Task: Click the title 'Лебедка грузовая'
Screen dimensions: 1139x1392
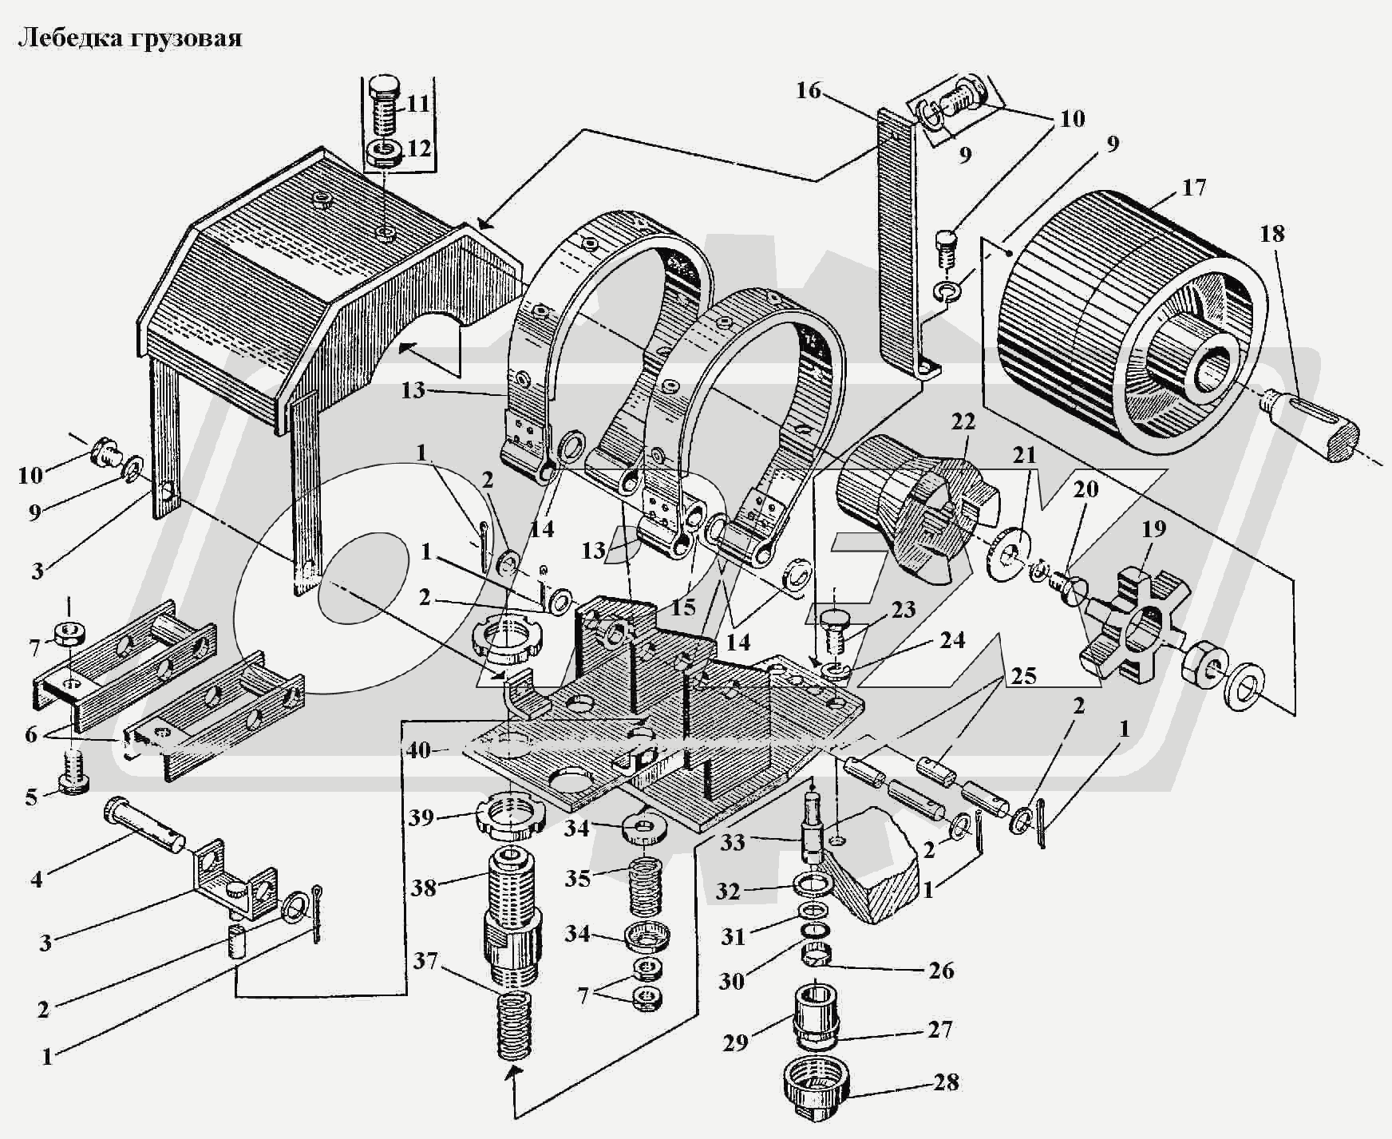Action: pyautogui.click(x=130, y=38)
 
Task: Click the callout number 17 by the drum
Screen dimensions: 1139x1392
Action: pyautogui.click(x=1194, y=188)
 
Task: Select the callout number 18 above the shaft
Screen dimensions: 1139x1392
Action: pyautogui.click(x=1272, y=234)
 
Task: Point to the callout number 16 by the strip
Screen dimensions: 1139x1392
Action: pyautogui.click(x=808, y=91)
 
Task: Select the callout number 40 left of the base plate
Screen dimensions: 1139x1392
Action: pyautogui.click(x=418, y=750)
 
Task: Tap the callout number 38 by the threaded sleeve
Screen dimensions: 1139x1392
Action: pyautogui.click(x=425, y=887)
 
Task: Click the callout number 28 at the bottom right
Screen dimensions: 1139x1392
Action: pyautogui.click(x=946, y=1083)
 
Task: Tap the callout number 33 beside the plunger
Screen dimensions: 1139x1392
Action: pyautogui.click(x=731, y=842)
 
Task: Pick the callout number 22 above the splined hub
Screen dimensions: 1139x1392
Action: pyautogui.click(x=963, y=422)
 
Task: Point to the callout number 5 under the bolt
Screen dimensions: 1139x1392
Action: pyautogui.click(x=31, y=797)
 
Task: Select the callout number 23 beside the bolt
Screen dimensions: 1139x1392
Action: pyautogui.click(x=904, y=611)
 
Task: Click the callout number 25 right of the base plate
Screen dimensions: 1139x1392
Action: pyautogui.click(x=1023, y=676)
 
